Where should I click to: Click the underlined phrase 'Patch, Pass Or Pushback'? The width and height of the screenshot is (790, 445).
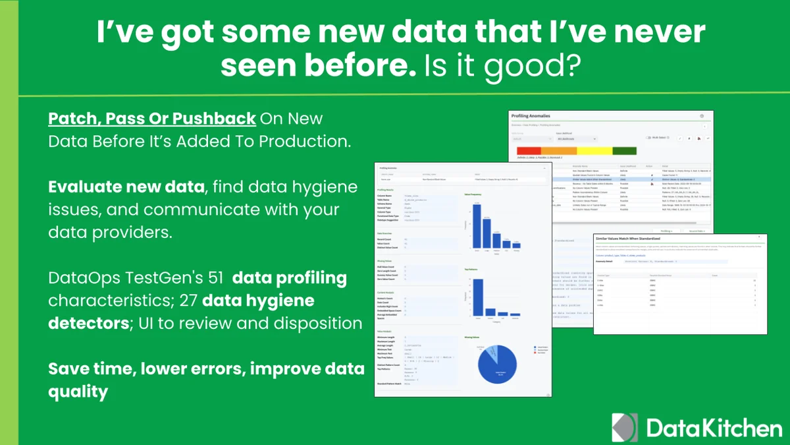pos(152,119)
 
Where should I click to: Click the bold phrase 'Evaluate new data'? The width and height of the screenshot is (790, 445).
pos(126,187)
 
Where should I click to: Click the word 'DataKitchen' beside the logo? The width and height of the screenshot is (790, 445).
pos(714,427)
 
